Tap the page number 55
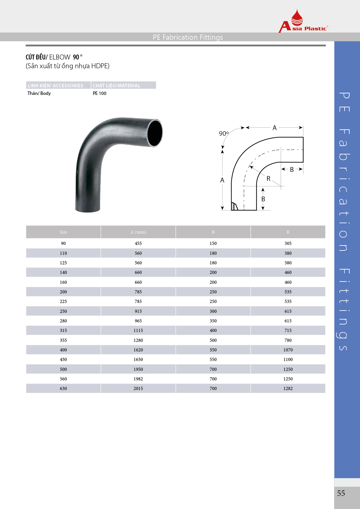341,493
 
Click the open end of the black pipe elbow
155,133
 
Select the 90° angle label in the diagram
224,133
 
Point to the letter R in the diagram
268,179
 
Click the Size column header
63,232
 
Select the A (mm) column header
138,232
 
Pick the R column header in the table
288,232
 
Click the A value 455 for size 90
138,243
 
